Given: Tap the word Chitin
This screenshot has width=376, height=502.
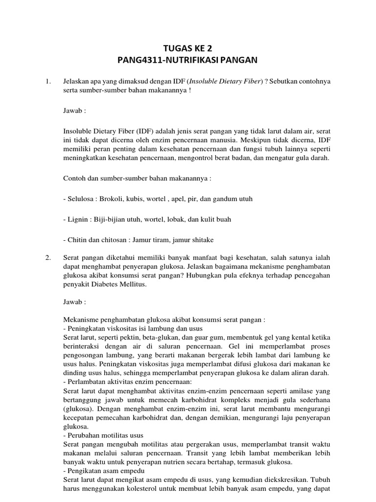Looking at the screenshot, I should tap(78, 240).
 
